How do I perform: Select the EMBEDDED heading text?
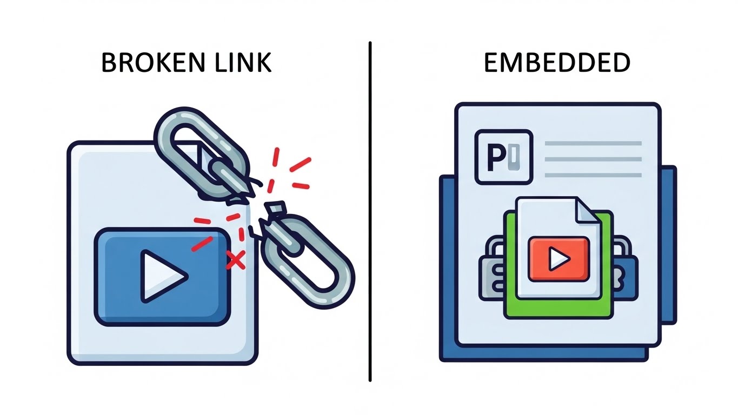(x=557, y=63)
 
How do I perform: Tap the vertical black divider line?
(x=370, y=216)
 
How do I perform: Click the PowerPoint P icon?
(x=503, y=157)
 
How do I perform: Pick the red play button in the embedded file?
(x=558, y=259)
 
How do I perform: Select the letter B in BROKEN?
(x=109, y=63)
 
